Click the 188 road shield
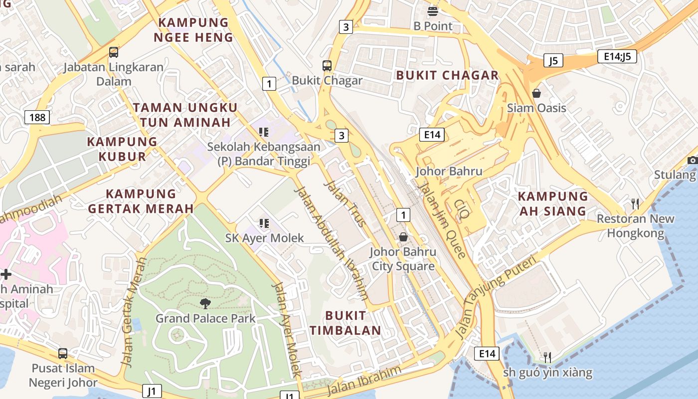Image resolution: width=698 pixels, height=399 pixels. pyautogui.click(x=37, y=118)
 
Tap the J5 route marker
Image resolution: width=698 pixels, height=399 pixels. pyautogui.click(x=553, y=61)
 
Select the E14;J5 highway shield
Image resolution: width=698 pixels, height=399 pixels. pyautogui.click(x=617, y=56)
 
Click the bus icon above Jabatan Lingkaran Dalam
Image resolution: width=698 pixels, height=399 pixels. pyautogui.click(x=114, y=52)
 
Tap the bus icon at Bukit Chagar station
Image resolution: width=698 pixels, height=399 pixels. pyautogui.click(x=327, y=65)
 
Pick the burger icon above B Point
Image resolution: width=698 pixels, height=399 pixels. pyautogui.click(x=433, y=11)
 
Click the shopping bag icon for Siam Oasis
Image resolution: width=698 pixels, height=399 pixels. pyautogui.click(x=536, y=93)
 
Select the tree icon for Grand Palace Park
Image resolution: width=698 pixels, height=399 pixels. pyautogui.click(x=205, y=303)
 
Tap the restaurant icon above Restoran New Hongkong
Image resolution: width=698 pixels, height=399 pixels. pyautogui.click(x=635, y=203)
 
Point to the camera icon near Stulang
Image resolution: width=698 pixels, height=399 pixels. pyautogui.click(x=692, y=160)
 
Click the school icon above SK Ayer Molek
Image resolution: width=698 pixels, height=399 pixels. pyautogui.click(x=264, y=223)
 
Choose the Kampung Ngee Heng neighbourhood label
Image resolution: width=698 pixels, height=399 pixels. pyautogui.click(x=193, y=30)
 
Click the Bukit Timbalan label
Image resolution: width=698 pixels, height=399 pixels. pyautogui.click(x=346, y=323)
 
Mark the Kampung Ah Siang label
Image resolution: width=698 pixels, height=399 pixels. pyautogui.click(x=552, y=203)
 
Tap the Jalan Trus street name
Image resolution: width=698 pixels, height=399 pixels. pyautogui.click(x=345, y=203)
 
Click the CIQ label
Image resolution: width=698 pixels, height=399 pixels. pyautogui.click(x=462, y=209)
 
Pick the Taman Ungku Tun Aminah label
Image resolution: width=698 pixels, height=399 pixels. pyautogui.click(x=185, y=115)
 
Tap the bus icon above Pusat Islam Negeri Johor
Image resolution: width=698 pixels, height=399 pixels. pyautogui.click(x=63, y=354)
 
